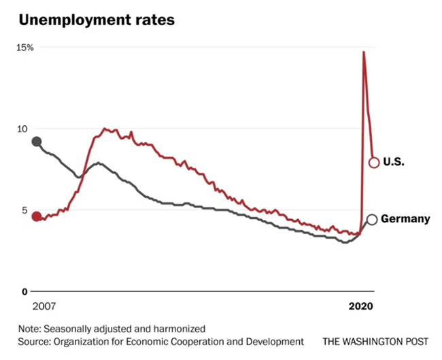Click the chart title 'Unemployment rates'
click(x=97, y=20)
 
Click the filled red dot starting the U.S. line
click(x=37, y=216)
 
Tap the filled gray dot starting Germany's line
click(x=37, y=142)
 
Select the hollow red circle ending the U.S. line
click(x=373, y=162)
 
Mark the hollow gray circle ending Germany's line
click(x=372, y=219)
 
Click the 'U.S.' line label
click(x=394, y=162)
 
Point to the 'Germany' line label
click(x=405, y=219)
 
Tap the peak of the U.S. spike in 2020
click(x=363, y=52)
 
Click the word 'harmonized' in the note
click(x=181, y=328)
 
